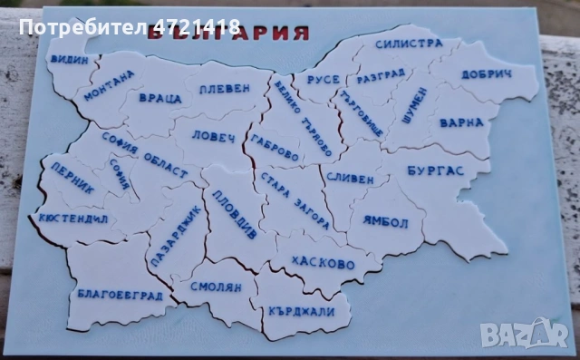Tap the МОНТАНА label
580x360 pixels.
(109, 84)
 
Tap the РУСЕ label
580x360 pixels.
(323, 80)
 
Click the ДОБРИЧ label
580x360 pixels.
(489, 74)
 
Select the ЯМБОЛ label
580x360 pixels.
(385, 221)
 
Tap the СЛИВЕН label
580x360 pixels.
(349, 179)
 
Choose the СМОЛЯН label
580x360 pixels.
(216, 287)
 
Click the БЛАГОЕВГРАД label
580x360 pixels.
(120, 294)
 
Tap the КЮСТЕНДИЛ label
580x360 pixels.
(73, 219)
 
